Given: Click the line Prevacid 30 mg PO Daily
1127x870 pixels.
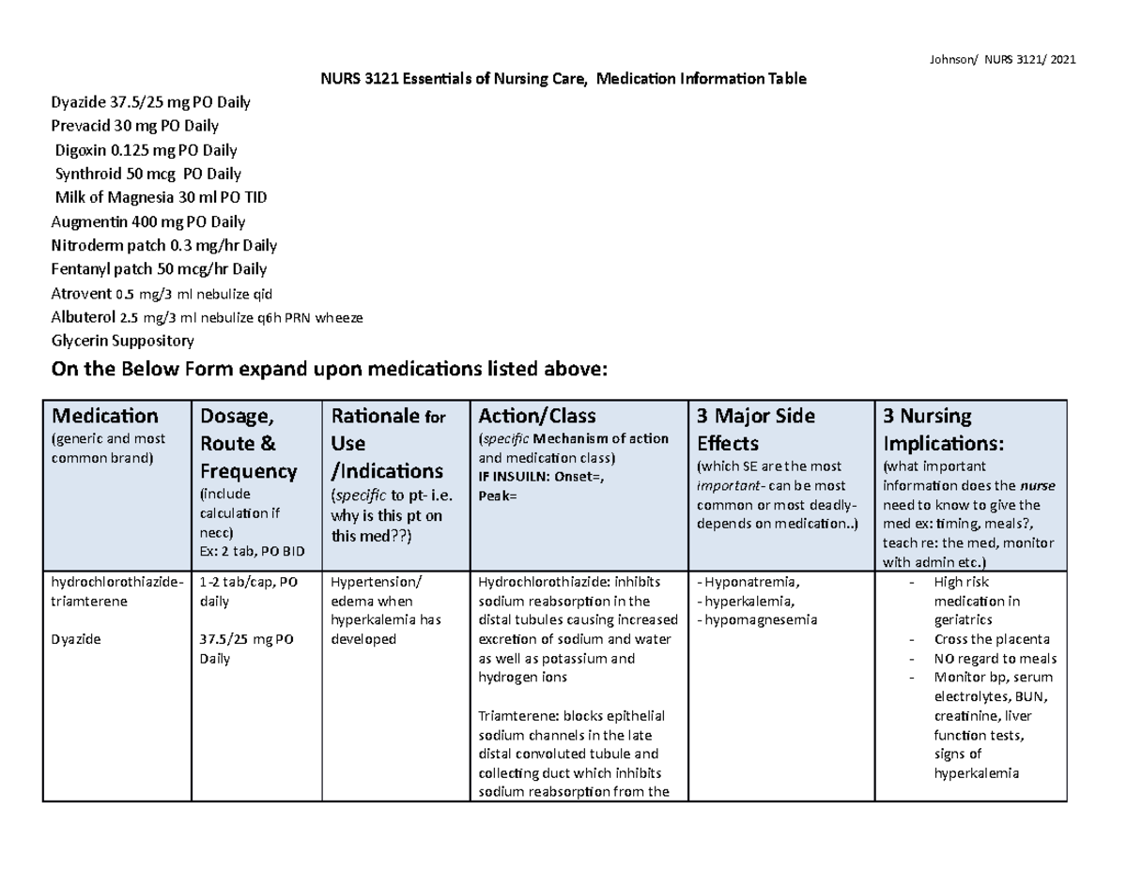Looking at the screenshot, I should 135,125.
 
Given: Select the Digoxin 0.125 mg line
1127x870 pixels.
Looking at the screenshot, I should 147,149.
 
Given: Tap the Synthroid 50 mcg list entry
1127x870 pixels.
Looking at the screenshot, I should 148,174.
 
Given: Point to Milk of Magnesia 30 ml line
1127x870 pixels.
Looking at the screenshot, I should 161,198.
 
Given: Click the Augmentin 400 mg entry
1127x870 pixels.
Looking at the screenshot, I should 147,222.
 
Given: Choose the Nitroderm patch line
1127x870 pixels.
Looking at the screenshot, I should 162,246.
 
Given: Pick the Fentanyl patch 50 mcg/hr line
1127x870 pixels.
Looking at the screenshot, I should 158,270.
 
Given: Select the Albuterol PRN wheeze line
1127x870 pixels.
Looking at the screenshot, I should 205,317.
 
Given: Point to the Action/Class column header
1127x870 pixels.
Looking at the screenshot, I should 536,415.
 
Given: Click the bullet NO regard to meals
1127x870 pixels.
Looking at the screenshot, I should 995,658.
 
